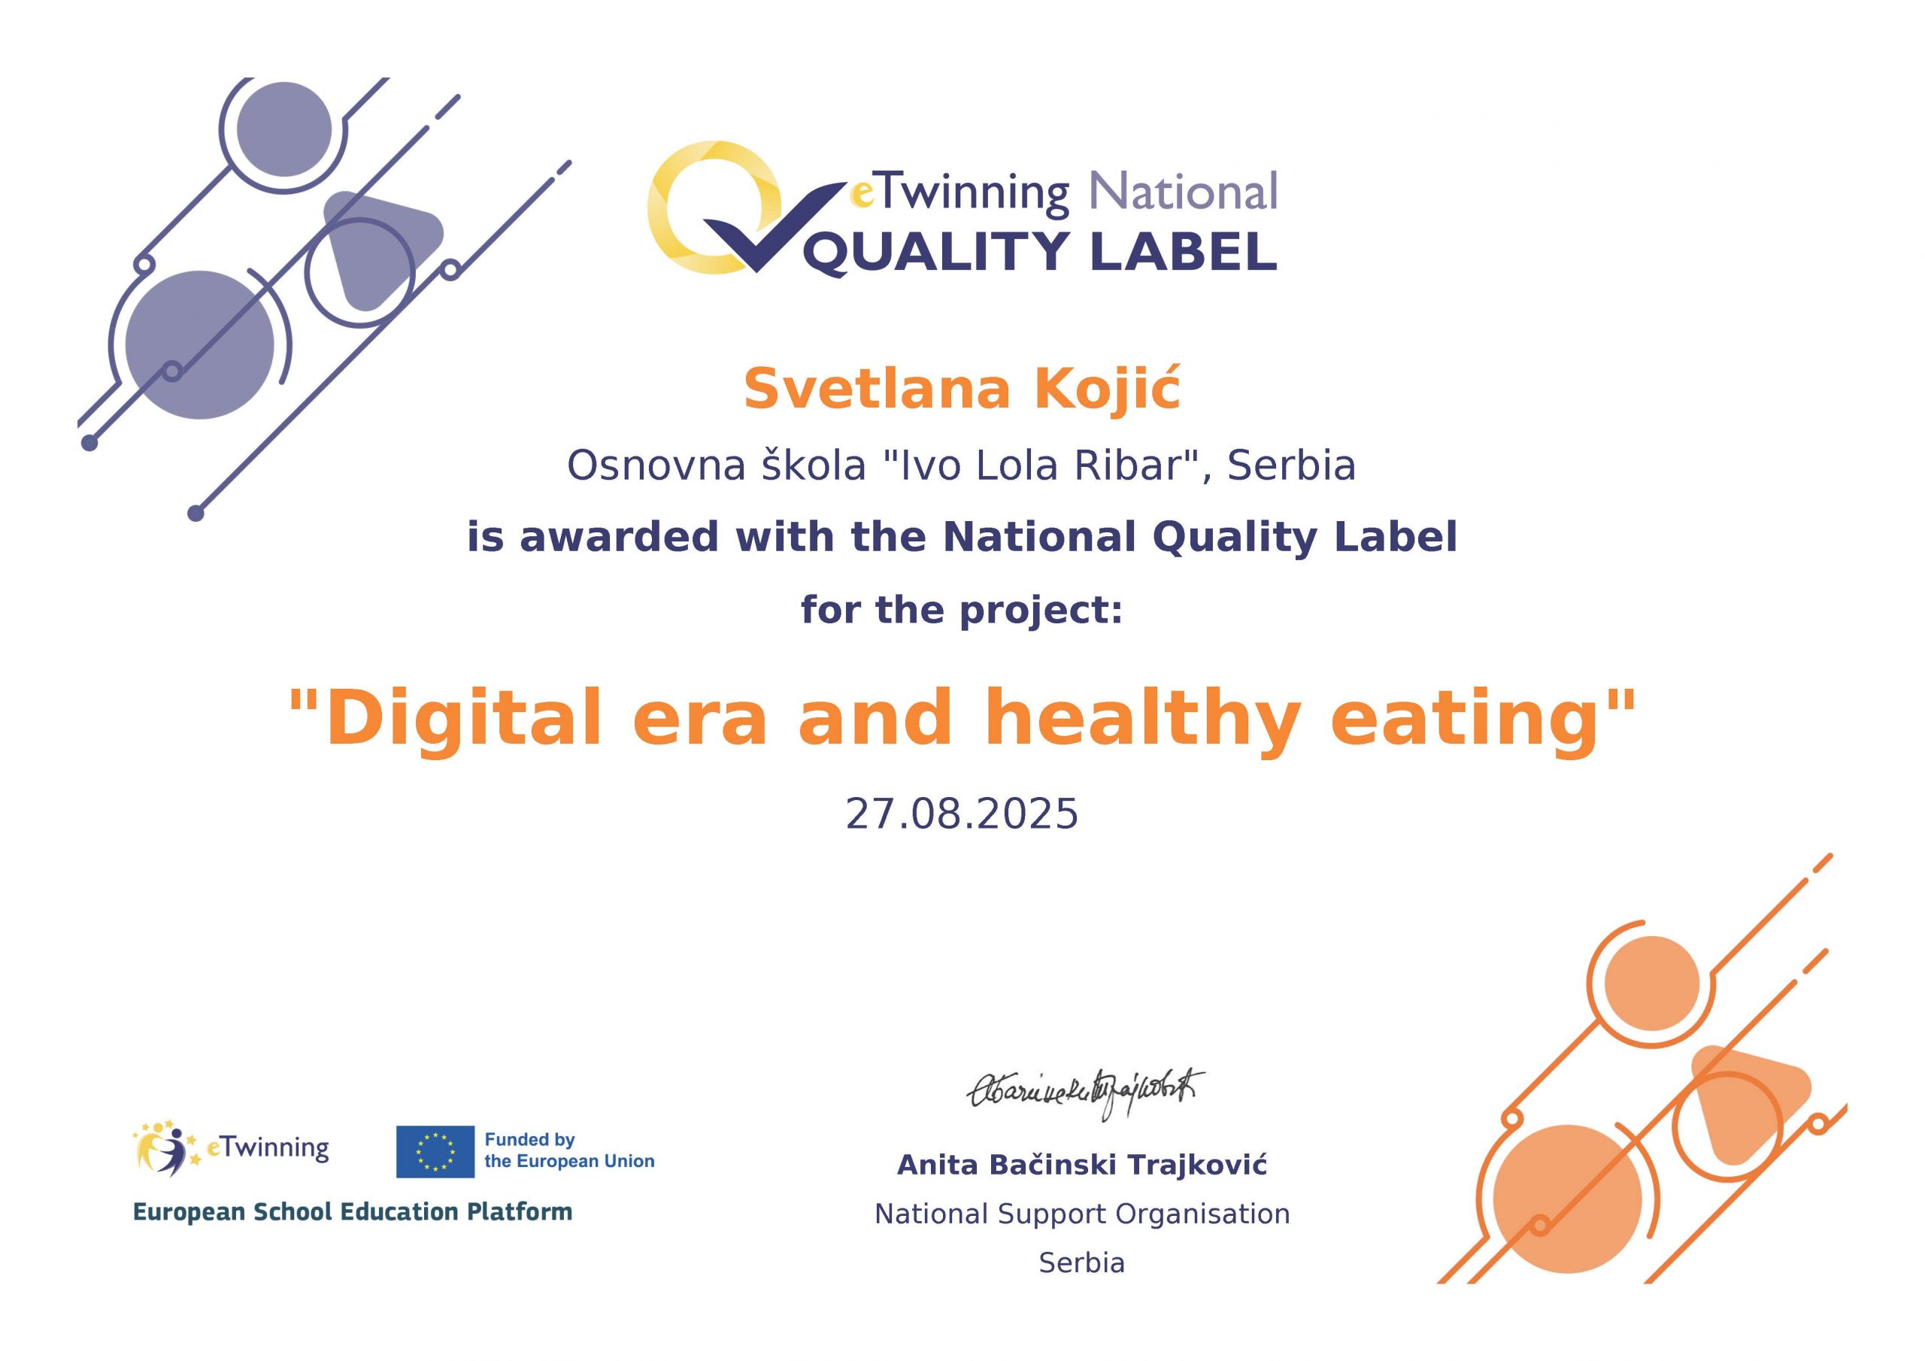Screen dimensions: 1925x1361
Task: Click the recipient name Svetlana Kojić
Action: (962, 389)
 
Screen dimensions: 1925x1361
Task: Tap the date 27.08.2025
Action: (962, 814)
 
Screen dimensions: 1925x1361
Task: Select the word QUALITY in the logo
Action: (935, 252)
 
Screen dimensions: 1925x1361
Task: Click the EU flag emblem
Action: (435, 1151)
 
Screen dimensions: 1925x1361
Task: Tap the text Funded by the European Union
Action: (569, 1150)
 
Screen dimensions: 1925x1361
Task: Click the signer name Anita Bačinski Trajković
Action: (1081, 1165)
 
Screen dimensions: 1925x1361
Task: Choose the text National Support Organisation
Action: (1081, 1214)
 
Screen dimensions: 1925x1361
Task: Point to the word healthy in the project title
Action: (1142, 720)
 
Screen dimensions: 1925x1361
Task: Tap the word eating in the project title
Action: (1464, 720)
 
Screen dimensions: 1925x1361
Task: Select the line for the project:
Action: (962, 610)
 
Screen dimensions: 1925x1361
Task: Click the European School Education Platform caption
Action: (353, 1211)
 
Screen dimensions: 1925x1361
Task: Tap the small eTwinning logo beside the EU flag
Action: (232, 1147)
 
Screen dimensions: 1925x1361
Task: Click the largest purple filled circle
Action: (199, 344)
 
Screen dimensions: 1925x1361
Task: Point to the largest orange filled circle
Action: (1567, 1199)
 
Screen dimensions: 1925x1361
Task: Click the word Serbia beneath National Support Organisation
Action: (1081, 1262)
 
